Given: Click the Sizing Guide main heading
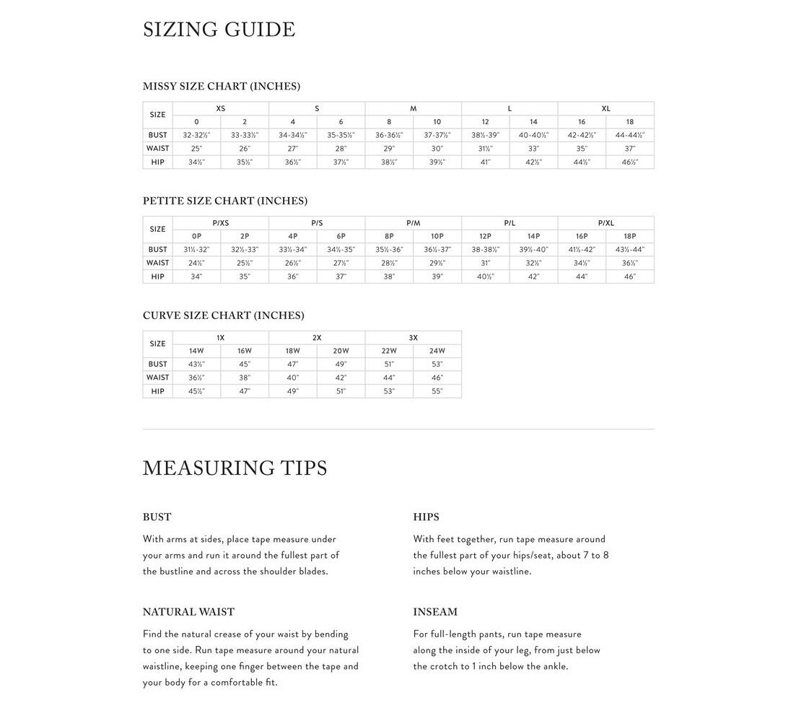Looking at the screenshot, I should pyautogui.click(x=219, y=30).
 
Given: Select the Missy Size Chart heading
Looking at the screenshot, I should pyautogui.click(x=222, y=86).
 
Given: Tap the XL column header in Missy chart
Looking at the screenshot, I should pyautogui.click(x=605, y=108).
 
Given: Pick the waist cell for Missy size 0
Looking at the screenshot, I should pyautogui.click(x=196, y=149).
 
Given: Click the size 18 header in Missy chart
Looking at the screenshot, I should pyautogui.click(x=630, y=122).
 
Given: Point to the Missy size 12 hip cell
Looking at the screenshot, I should pyautogui.click(x=485, y=162).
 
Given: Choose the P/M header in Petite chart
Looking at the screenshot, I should pyautogui.click(x=413, y=223).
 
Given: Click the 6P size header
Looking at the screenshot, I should pyautogui.click(x=341, y=236).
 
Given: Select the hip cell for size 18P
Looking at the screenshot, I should pyautogui.click(x=630, y=276).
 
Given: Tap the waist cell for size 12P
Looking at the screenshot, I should pyautogui.click(x=485, y=263).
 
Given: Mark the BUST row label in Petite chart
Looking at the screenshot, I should pyautogui.click(x=158, y=250).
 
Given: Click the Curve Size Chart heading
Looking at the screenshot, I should pyautogui.click(x=224, y=315).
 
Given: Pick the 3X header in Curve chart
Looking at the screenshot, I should pyautogui.click(x=413, y=338).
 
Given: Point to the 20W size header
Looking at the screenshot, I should pyautogui.click(x=341, y=351).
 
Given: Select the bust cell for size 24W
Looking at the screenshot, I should pyautogui.click(x=437, y=364).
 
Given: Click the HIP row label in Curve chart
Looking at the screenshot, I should pyautogui.click(x=158, y=391).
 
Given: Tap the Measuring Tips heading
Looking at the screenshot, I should pyautogui.click(x=235, y=468).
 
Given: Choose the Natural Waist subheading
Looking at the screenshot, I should pyautogui.click(x=188, y=612).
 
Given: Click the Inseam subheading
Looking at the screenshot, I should pyautogui.click(x=435, y=612).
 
